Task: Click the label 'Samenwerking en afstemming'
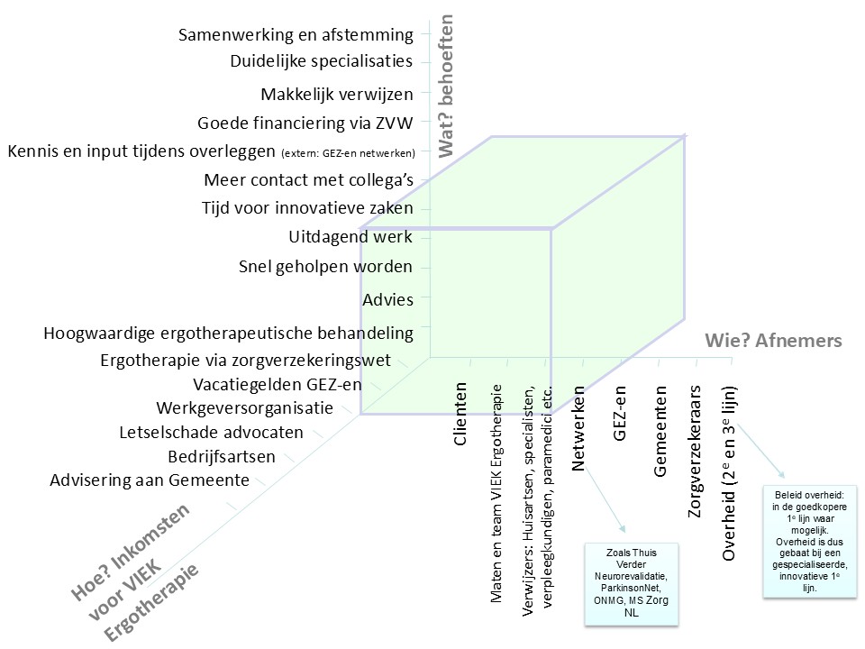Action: [x=296, y=35]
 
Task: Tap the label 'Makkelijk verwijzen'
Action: [x=336, y=95]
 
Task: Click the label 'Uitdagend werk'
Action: [x=351, y=238]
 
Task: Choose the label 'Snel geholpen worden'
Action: [x=325, y=267]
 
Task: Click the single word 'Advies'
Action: [x=387, y=300]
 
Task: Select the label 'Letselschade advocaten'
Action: [x=212, y=433]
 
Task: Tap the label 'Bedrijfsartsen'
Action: [x=222, y=456]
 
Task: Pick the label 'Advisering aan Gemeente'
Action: [x=150, y=480]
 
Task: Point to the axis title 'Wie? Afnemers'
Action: [x=772, y=341]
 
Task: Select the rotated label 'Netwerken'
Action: [x=579, y=427]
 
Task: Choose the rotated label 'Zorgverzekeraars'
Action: [x=695, y=451]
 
